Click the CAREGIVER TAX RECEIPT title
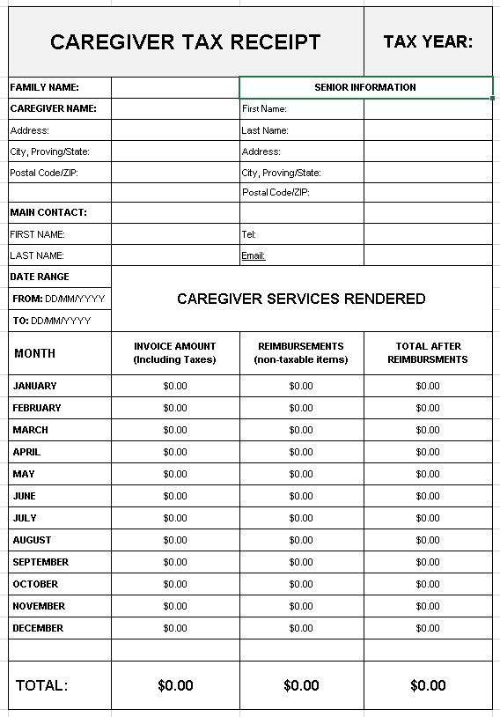click(185, 41)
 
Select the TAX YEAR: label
click(428, 41)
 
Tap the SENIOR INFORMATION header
click(365, 87)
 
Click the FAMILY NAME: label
click(45, 87)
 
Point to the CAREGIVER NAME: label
click(53, 108)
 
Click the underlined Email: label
click(254, 255)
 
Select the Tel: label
click(248, 234)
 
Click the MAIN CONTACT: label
click(48, 212)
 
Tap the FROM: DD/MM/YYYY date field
click(59, 299)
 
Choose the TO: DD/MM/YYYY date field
click(52, 321)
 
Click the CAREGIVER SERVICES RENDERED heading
click(301, 299)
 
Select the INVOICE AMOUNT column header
click(174, 352)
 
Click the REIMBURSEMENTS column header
click(301, 352)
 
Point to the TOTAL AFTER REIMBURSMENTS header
click(428, 352)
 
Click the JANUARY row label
click(34, 386)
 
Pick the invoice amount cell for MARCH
click(175, 430)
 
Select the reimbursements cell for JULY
click(301, 518)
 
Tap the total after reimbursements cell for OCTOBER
click(428, 584)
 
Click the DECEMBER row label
click(38, 628)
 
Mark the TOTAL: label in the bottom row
click(41, 685)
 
